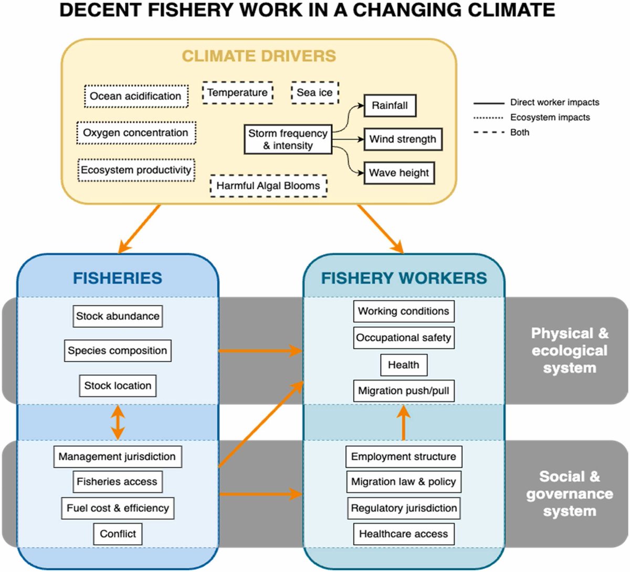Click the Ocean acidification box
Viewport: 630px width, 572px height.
pos(136,96)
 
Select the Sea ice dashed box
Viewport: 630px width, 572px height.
pos(314,93)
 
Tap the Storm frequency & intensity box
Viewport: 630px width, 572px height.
pos(288,139)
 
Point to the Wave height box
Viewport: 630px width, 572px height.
pos(399,173)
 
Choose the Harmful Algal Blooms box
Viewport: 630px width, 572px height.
pos(268,186)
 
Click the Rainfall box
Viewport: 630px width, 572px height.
pos(390,105)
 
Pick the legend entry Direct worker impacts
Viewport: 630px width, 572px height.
pos(554,102)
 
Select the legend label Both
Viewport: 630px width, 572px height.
pos(520,132)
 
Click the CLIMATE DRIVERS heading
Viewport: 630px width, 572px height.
pos(259,56)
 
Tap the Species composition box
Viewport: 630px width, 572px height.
pos(118,351)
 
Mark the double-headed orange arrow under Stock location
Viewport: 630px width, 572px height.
pos(118,422)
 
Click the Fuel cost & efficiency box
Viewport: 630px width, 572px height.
pos(118,508)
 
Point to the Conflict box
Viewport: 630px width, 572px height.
pos(118,534)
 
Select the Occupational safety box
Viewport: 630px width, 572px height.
pos(403,338)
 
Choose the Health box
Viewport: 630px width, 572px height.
pos(403,365)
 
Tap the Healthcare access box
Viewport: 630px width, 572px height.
pos(403,534)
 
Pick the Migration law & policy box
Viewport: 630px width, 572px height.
pos(403,482)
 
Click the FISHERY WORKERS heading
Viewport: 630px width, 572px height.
pos(404,278)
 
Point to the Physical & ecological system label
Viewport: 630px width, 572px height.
pos(570,350)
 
